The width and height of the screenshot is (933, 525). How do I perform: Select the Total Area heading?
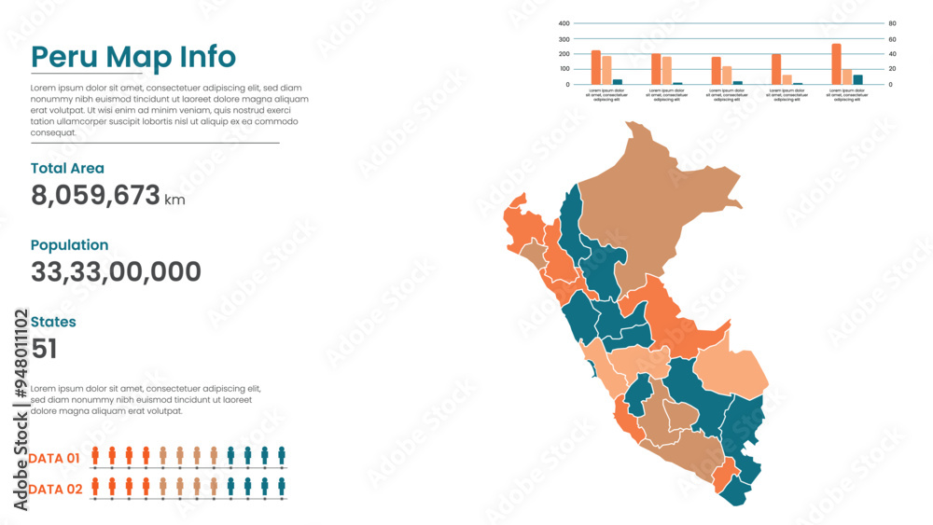(x=67, y=169)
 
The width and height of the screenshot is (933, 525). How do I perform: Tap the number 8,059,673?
(x=95, y=196)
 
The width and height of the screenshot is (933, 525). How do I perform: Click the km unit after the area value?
(x=174, y=200)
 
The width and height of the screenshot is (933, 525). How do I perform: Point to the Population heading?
(x=69, y=245)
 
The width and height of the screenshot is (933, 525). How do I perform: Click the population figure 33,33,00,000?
(x=116, y=272)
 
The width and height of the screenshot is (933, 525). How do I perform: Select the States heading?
(x=53, y=322)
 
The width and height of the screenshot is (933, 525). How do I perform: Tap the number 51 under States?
(x=44, y=350)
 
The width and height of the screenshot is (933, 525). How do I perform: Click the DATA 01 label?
(x=54, y=458)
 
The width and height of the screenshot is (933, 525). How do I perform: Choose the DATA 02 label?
(x=55, y=489)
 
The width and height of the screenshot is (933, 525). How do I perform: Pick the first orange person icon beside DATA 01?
(x=95, y=455)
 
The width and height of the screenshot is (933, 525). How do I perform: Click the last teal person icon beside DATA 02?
(x=282, y=486)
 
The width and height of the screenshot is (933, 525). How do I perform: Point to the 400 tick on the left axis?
(x=564, y=23)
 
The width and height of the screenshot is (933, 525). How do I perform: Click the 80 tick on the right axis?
(x=892, y=23)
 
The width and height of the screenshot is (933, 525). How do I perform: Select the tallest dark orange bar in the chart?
(x=836, y=64)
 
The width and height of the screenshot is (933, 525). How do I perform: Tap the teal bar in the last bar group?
(x=858, y=79)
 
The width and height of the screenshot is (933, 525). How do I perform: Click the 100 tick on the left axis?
(x=564, y=69)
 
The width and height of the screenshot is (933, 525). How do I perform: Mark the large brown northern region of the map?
(x=653, y=205)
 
